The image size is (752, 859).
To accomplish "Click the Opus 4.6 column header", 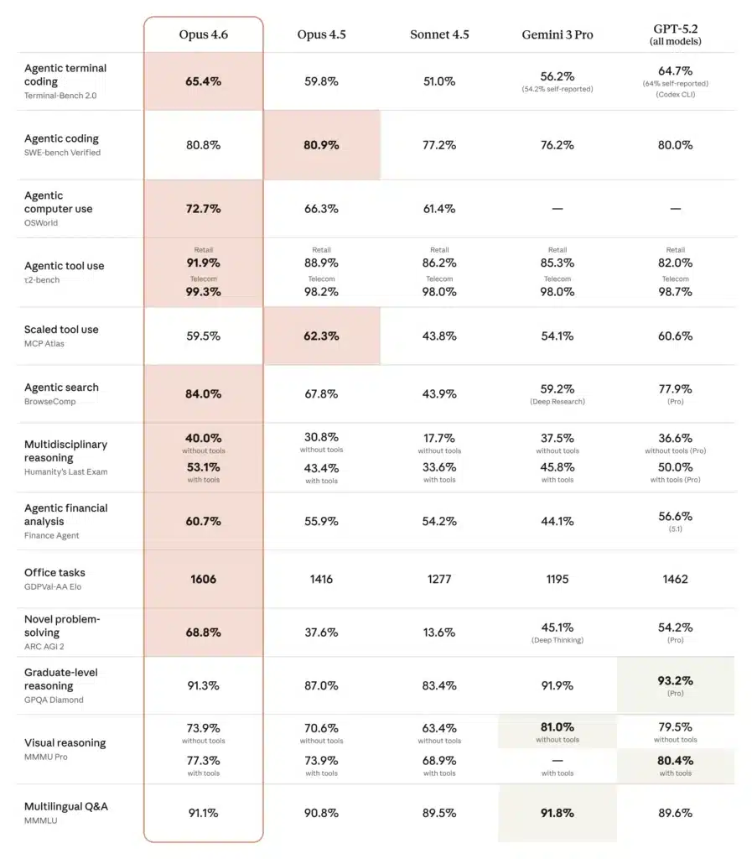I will [x=203, y=34].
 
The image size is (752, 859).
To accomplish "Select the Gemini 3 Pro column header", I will [x=557, y=34].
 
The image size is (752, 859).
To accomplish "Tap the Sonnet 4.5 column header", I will [x=439, y=34].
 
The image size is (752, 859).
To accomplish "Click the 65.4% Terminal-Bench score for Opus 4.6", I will [x=203, y=81].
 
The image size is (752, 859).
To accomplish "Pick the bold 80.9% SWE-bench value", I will [x=321, y=145].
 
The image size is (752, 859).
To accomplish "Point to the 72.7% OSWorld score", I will [x=203, y=208].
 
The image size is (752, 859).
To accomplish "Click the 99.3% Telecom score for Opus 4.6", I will [x=203, y=292].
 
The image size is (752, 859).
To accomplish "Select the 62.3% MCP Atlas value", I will [x=321, y=336].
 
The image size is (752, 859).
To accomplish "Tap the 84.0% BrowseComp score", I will [x=203, y=393].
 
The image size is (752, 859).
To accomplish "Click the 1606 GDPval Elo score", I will [x=203, y=579].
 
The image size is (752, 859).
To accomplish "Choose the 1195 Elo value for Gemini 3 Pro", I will [x=557, y=579].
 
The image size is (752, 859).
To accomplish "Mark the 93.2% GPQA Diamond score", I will [x=675, y=680].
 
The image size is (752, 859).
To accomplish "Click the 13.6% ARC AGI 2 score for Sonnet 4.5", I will [x=439, y=633].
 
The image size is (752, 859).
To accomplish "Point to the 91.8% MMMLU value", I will [x=557, y=813].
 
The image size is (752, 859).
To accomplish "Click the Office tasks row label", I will [x=54, y=573].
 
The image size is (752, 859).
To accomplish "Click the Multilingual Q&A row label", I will [x=65, y=807].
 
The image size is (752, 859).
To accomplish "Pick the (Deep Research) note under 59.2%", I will [x=557, y=402].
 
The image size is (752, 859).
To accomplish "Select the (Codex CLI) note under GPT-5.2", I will [x=675, y=94].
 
